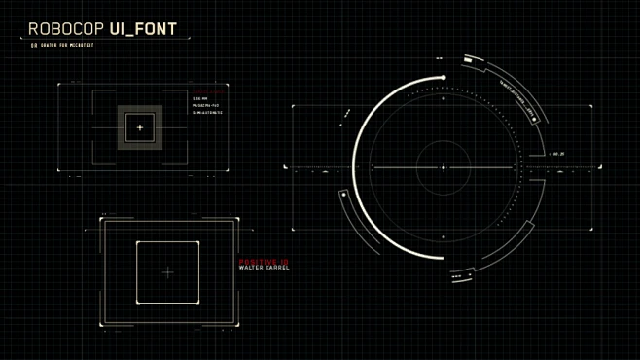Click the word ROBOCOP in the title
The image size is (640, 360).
(66, 29)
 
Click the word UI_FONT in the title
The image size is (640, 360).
(144, 29)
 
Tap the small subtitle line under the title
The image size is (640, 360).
(64, 45)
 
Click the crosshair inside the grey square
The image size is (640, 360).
(140, 127)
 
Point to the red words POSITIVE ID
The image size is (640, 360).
(264, 261)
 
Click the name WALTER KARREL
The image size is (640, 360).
(265, 267)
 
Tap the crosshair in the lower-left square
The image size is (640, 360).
(167, 272)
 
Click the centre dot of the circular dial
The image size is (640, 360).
(444, 167)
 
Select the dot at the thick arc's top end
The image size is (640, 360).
(444, 77)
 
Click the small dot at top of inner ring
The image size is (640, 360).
(444, 98)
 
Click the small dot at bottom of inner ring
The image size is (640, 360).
(444, 236)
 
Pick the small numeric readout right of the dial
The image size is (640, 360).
(558, 154)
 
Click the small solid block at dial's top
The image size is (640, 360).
(468, 60)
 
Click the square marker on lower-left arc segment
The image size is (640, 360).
(344, 195)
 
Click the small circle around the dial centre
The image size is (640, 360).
(444, 141)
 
